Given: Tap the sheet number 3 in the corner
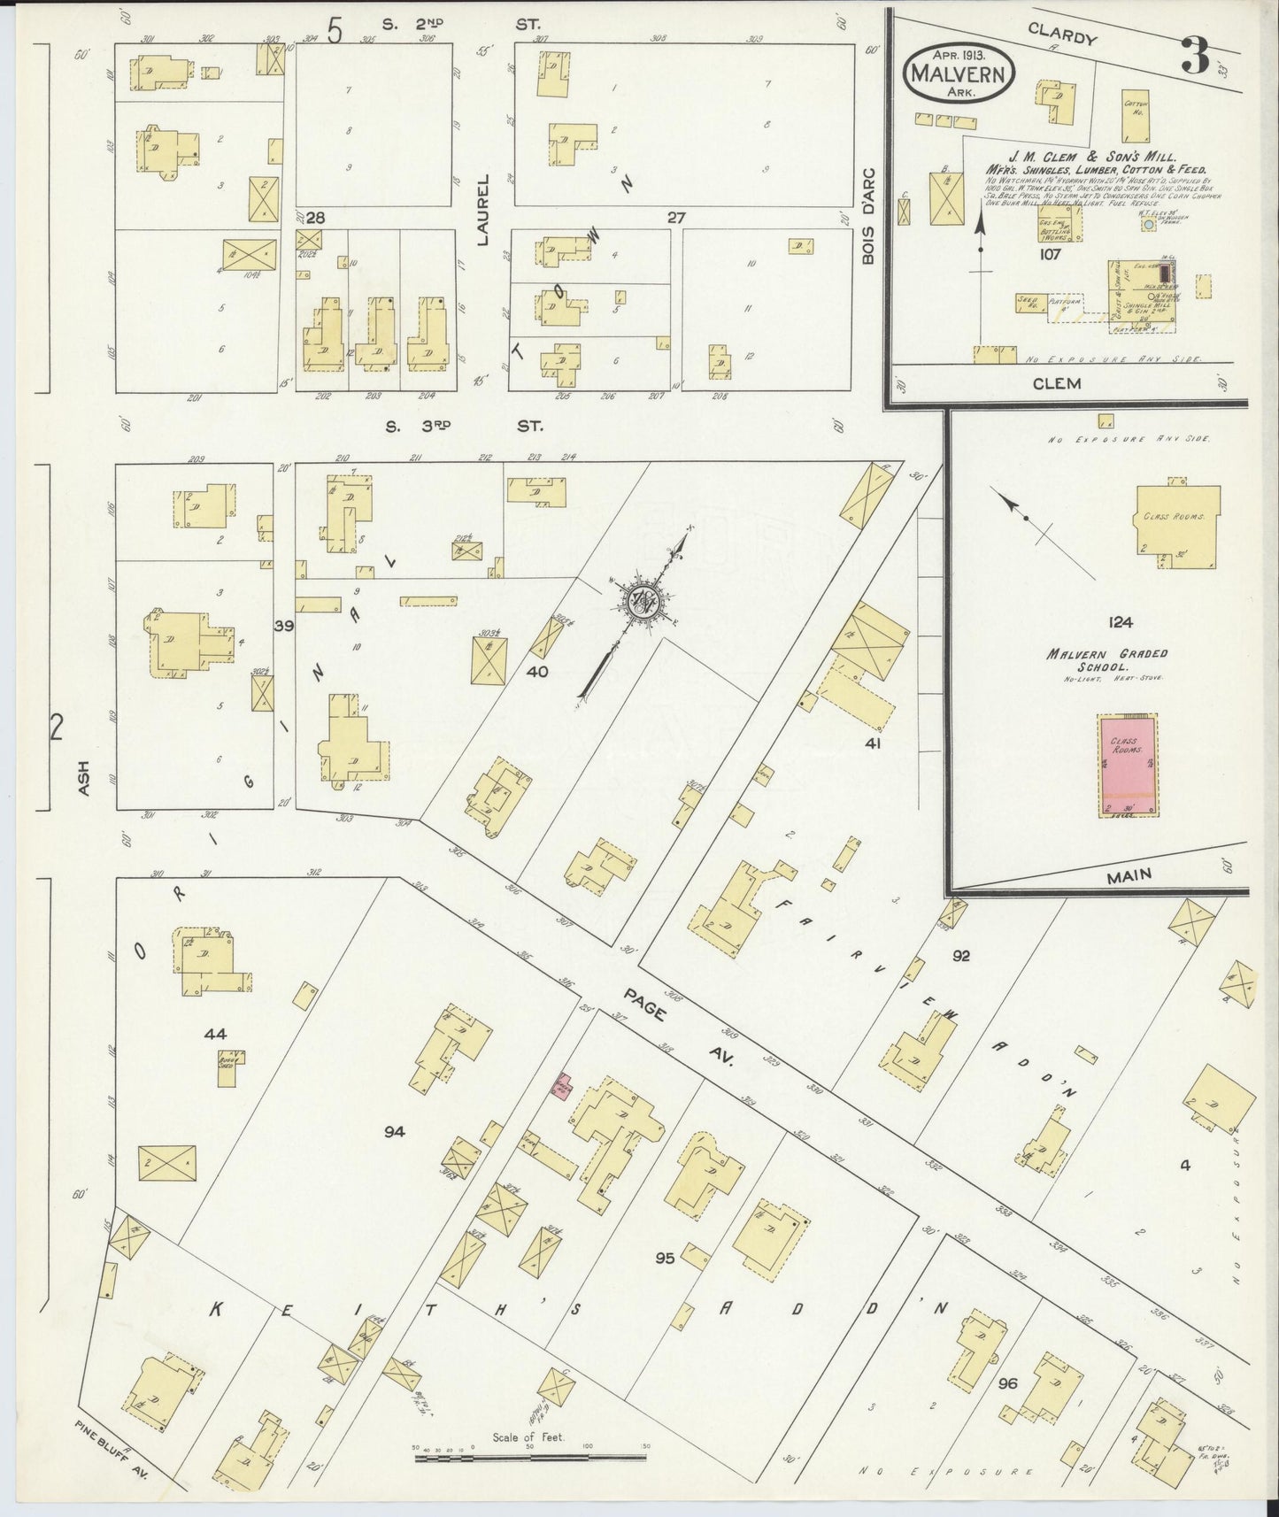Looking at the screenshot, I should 1195,56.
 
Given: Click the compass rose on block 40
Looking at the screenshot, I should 642,602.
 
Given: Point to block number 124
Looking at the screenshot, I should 1120,622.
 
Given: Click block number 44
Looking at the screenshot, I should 215,1033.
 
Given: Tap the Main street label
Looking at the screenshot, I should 1129,874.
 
